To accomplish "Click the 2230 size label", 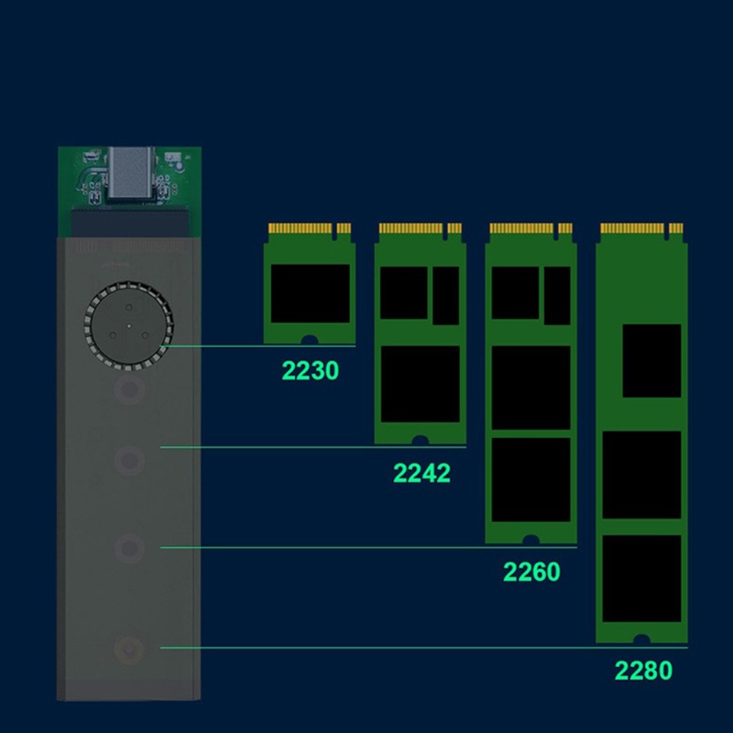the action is (311, 370).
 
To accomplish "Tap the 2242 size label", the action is (421, 473).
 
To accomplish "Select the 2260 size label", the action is (531, 572).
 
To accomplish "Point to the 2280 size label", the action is (643, 670).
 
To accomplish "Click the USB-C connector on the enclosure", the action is (127, 174).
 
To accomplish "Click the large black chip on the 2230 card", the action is (310, 293).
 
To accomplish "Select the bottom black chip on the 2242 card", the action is (420, 384).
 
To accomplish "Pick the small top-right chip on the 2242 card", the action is (446, 295).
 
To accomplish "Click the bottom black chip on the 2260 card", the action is (531, 479).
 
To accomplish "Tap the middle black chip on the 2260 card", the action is (531, 388).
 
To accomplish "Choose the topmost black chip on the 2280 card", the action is (651, 360).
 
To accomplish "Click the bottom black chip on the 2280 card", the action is (641, 578).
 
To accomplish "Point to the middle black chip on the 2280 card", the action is (641, 475).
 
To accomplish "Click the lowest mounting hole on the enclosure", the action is (128, 651).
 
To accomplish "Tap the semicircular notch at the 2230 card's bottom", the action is (310, 341).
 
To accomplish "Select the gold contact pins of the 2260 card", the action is (523, 227).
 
